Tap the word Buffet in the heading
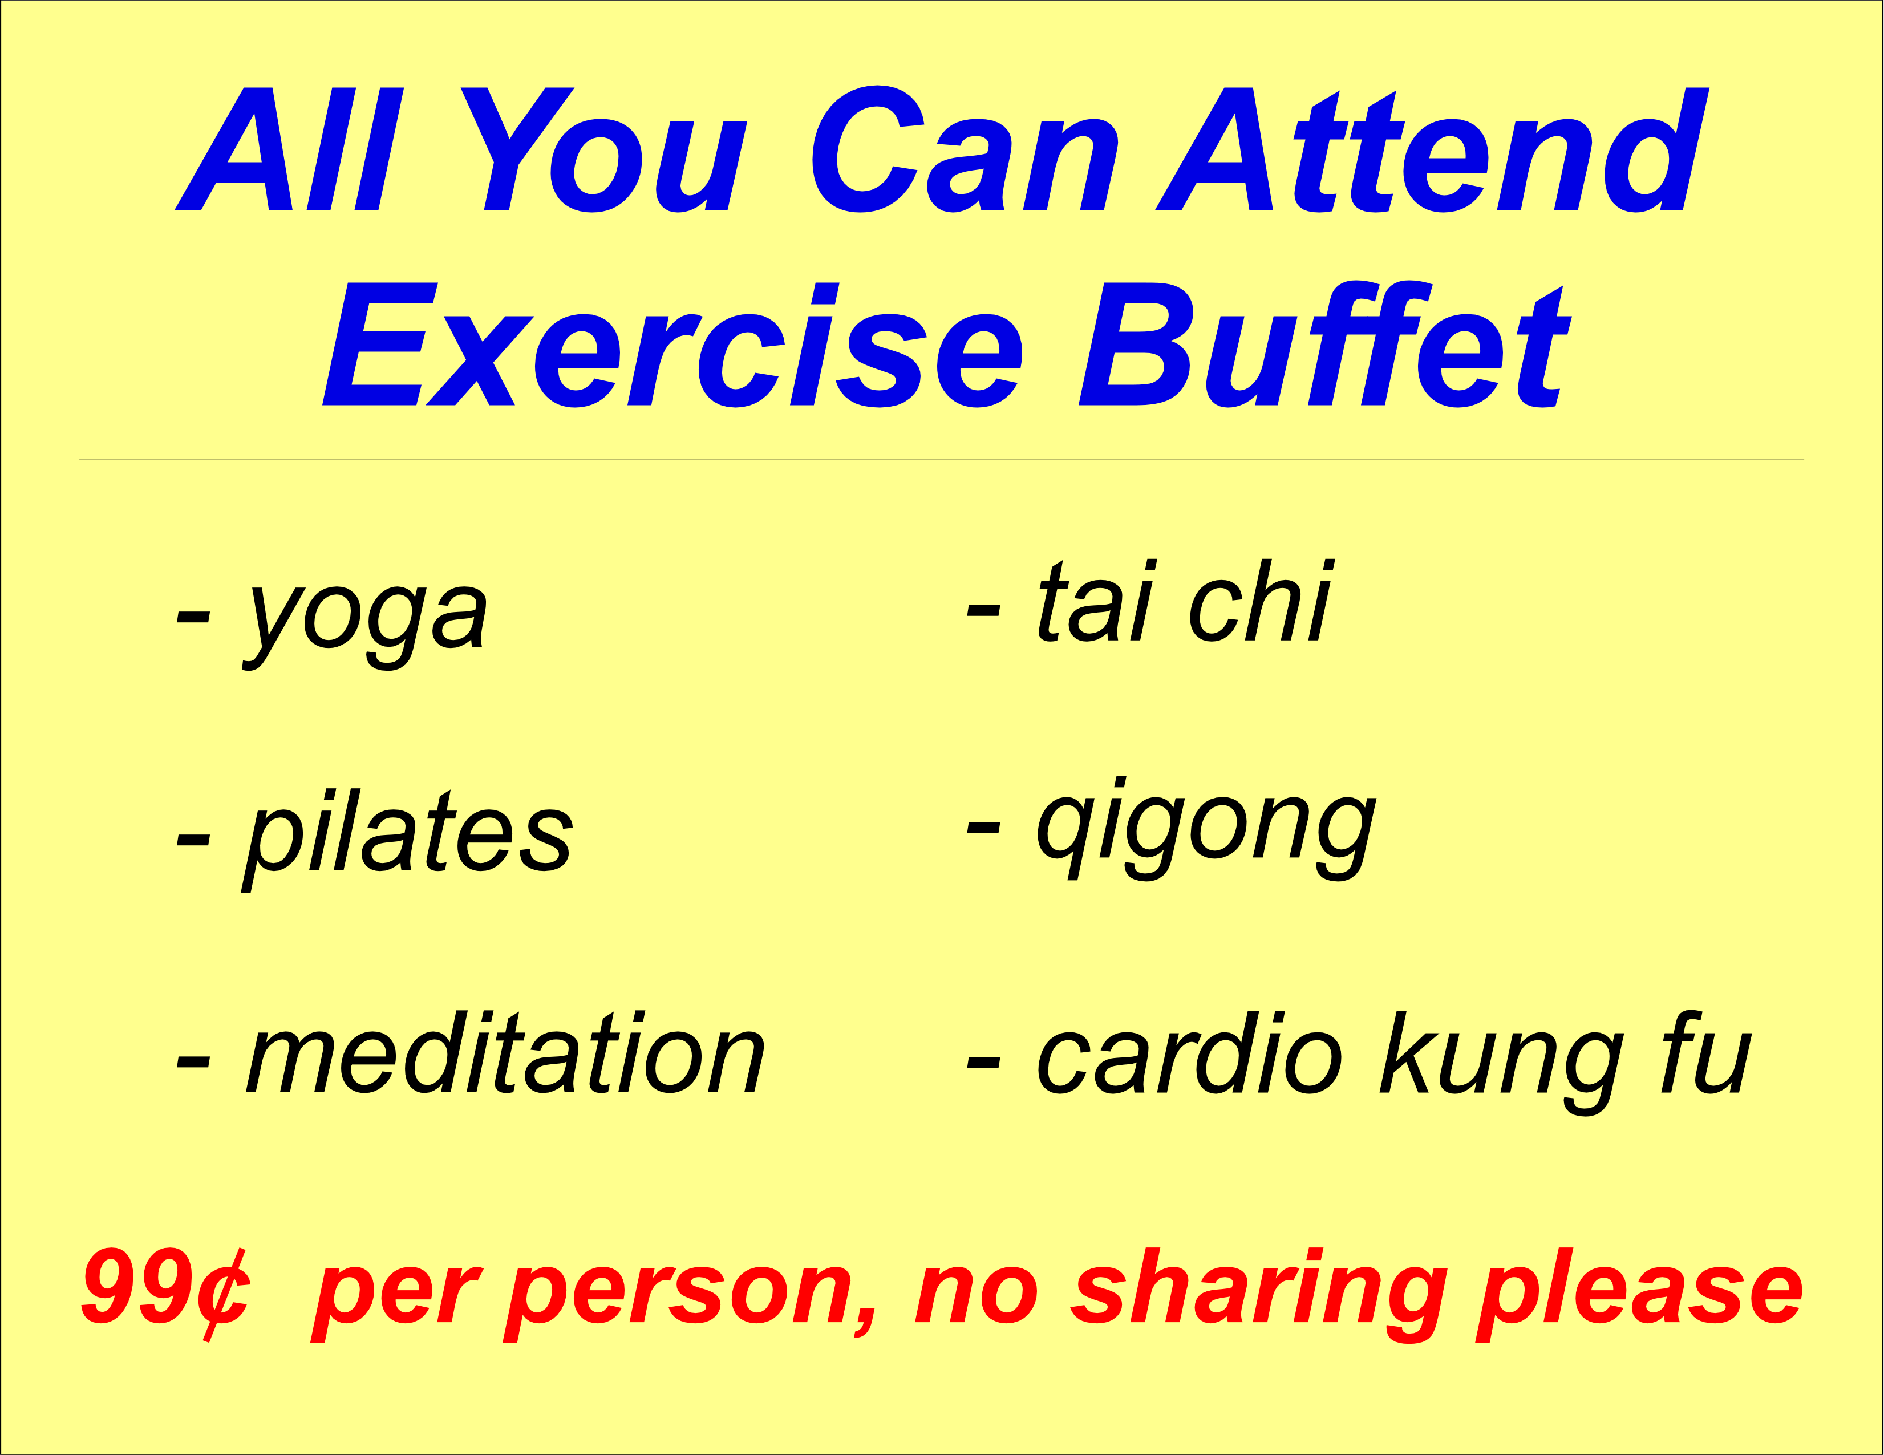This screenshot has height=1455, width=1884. [1326, 344]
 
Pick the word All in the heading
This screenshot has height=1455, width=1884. [289, 149]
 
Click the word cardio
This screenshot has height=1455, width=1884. [1190, 1052]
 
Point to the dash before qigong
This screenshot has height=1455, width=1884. [983, 828]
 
